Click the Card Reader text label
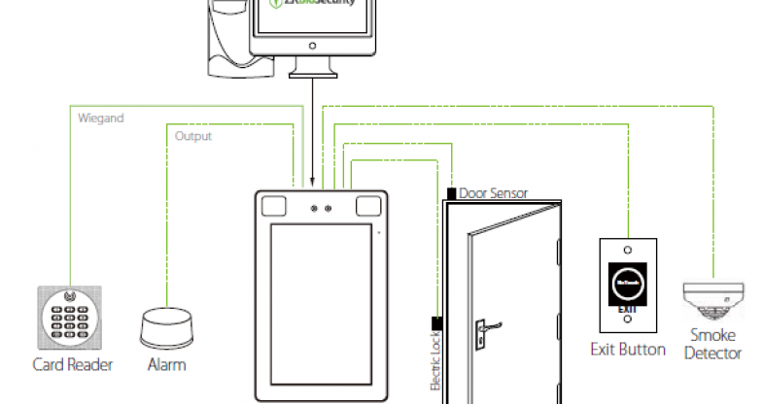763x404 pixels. [x=73, y=365]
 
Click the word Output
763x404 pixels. [x=192, y=136]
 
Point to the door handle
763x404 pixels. [x=484, y=331]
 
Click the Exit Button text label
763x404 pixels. [x=628, y=349]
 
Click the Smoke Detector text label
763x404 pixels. [x=713, y=345]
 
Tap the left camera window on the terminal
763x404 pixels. [x=273, y=206]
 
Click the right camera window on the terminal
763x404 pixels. [x=367, y=206]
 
